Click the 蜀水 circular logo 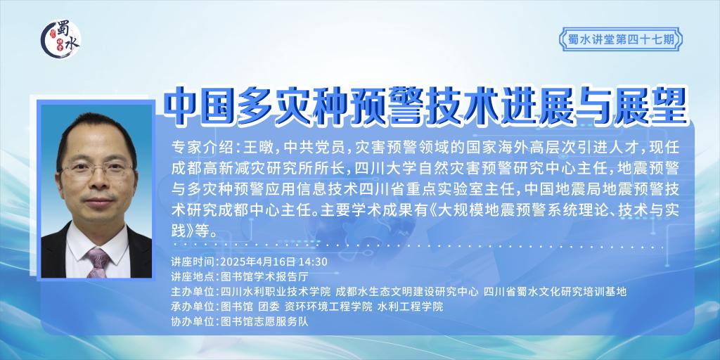point(60,40)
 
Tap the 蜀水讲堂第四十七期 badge point(620,39)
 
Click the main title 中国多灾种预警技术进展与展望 point(425,107)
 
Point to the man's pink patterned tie point(98,262)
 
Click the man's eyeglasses point(96,170)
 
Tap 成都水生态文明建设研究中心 point(407,292)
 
